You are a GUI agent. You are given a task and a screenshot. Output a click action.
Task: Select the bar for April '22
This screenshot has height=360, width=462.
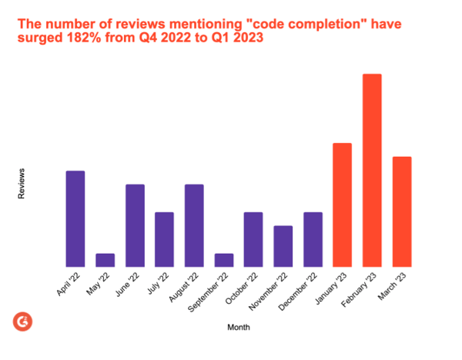[75, 218]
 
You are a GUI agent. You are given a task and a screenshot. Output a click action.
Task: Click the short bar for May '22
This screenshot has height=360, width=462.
[105, 260]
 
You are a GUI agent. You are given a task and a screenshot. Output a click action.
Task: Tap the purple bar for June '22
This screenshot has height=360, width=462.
[135, 225]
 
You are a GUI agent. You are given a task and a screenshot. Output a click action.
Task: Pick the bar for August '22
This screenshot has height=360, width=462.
[194, 225]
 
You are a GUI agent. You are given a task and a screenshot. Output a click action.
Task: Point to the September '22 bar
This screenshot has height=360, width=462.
[224, 260]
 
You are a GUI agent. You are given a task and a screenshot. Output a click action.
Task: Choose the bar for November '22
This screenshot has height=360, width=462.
[283, 246]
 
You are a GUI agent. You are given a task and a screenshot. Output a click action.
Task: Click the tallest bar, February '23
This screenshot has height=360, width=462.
[372, 170]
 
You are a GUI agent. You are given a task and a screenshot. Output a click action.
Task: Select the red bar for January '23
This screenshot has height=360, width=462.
[343, 205]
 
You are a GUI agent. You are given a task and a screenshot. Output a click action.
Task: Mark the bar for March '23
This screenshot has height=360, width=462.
[402, 212]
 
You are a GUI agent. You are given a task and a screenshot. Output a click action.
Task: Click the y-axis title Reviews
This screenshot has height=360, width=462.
[22, 184]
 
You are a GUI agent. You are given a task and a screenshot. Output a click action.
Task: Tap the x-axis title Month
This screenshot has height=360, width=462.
[238, 328]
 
